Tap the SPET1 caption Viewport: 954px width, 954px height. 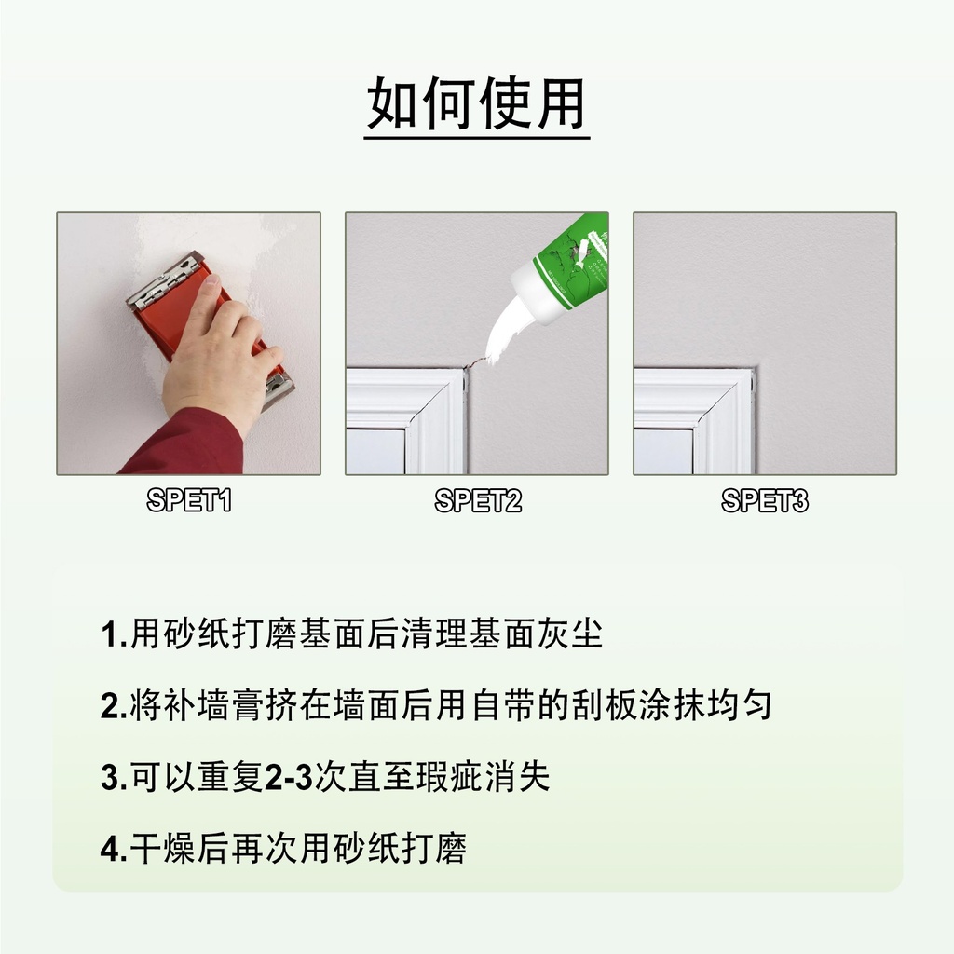[189, 501]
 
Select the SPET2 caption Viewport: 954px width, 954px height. [477, 501]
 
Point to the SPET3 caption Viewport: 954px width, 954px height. [765, 501]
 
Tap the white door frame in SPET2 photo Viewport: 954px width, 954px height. [410, 410]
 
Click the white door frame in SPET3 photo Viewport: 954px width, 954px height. [699, 410]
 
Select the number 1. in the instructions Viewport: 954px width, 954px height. [114, 636]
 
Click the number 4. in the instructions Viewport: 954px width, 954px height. [114, 850]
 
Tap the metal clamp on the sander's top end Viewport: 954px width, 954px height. [164, 279]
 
